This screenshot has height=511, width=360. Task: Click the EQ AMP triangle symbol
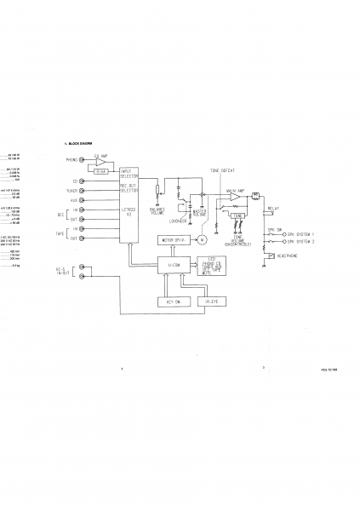click(x=102, y=162)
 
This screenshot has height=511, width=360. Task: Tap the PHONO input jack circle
click(x=82, y=160)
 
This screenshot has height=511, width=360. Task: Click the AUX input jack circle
click(x=82, y=200)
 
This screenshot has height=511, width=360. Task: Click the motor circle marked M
click(x=203, y=240)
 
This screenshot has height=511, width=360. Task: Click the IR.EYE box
click(x=211, y=301)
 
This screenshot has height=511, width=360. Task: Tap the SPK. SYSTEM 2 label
click(x=301, y=242)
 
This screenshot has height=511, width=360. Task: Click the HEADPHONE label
click(x=286, y=255)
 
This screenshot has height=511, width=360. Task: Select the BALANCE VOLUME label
click(x=157, y=210)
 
